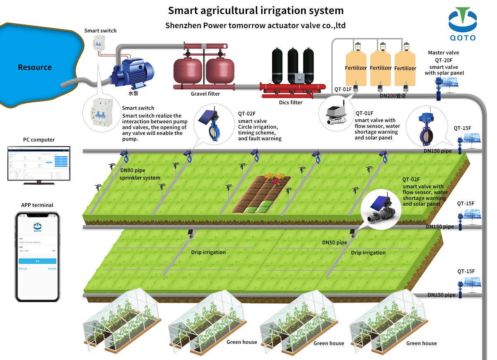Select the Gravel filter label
point(205,94)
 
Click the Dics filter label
point(290,103)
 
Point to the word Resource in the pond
point(35,67)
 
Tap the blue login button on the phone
point(37,261)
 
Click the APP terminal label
point(37,205)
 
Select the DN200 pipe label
point(393,96)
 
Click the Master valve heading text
point(444,53)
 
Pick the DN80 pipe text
point(133,170)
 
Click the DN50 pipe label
point(335,242)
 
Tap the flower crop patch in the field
point(274,178)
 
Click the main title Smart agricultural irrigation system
point(256,10)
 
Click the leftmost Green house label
point(242,342)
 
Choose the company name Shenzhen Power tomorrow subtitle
point(256,26)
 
